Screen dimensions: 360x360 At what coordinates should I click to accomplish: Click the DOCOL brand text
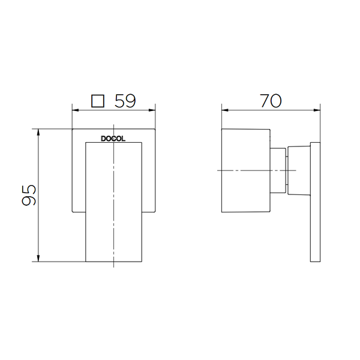tap(113, 139)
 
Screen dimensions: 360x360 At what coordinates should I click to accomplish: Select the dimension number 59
tap(125, 101)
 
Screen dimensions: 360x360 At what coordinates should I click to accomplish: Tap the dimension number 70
tap(271, 101)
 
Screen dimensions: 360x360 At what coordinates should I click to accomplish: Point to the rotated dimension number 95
tap(29, 195)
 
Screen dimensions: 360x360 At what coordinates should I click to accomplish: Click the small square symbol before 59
tap(98, 101)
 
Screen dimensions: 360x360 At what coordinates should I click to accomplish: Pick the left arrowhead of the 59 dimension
tap(76, 110)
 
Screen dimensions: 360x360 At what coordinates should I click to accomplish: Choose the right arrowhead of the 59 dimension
tap(152, 110)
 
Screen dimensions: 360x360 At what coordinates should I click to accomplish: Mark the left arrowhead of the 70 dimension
tap(225, 110)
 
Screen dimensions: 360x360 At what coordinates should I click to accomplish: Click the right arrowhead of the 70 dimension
tap(317, 110)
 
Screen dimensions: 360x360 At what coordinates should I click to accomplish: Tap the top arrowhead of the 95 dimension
tap(38, 132)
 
